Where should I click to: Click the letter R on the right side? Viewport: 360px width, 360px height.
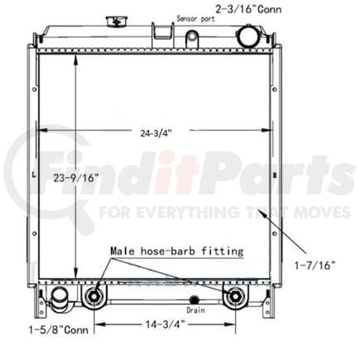274,175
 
